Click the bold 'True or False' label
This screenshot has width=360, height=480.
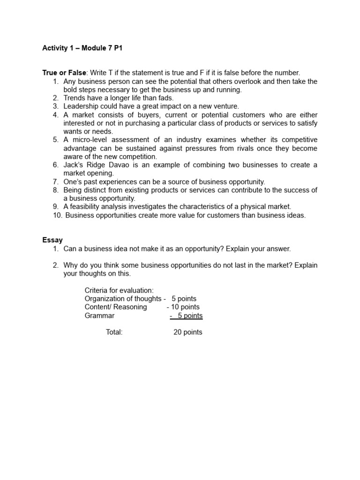click(x=64, y=73)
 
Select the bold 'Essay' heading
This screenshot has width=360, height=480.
click(x=52, y=240)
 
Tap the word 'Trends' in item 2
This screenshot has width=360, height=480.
click(x=75, y=98)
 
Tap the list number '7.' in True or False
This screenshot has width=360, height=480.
click(x=55, y=181)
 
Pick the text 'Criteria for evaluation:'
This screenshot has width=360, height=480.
click(x=119, y=290)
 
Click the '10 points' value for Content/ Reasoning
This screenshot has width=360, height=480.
click(x=185, y=307)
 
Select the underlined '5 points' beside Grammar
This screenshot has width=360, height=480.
click(x=190, y=315)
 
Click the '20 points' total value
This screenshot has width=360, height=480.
click(x=187, y=332)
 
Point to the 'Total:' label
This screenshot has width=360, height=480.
click(x=114, y=332)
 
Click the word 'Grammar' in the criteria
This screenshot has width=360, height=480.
click(x=99, y=315)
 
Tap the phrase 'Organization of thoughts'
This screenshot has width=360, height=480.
click(x=123, y=299)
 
